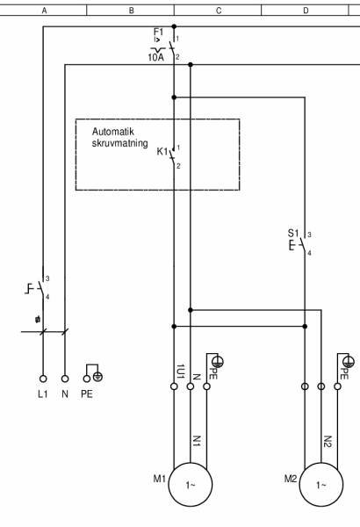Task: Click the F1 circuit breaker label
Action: pyautogui.click(x=158, y=32)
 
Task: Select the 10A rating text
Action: pyautogui.click(x=155, y=57)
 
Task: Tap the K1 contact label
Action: pyautogui.click(x=162, y=151)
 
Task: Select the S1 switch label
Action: pyautogui.click(x=293, y=234)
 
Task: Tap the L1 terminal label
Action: pyautogui.click(x=42, y=394)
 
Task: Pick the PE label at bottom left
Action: pyautogui.click(x=86, y=394)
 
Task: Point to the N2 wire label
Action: pyautogui.click(x=327, y=442)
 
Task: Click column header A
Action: pyautogui.click(x=44, y=11)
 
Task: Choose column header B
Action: pyautogui.click(x=131, y=11)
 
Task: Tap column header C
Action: pyautogui.click(x=218, y=11)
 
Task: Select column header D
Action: pyautogui.click(x=305, y=11)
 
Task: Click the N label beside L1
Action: pyautogui.click(x=65, y=394)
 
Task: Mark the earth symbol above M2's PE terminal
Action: pyautogui.click(x=350, y=360)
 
